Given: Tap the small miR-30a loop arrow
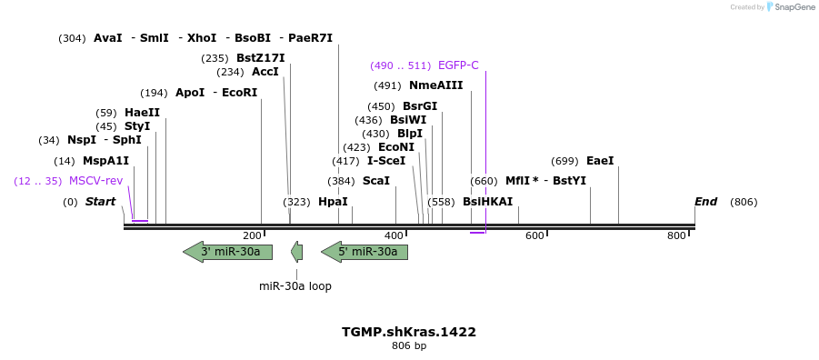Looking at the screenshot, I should click(x=296, y=252).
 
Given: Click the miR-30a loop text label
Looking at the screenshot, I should click(x=295, y=286).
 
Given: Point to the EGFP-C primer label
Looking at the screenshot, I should click(x=458, y=65).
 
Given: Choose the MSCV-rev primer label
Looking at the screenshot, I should click(x=95, y=181).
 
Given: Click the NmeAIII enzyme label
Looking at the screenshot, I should click(x=435, y=85).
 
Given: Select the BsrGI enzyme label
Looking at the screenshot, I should click(x=420, y=106).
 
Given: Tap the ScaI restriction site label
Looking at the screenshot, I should click(x=376, y=181).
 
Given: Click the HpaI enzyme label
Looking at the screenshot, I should click(x=333, y=202).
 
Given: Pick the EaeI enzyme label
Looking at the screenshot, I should click(x=600, y=161).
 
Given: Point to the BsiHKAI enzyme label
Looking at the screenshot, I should click(x=487, y=202).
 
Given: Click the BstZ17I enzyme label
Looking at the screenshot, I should click(x=260, y=58).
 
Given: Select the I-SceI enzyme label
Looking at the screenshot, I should click(x=386, y=161).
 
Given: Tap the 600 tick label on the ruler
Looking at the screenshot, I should click(x=534, y=236).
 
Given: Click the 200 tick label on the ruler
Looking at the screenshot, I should click(x=252, y=236).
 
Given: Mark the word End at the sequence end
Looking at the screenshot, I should click(x=705, y=202).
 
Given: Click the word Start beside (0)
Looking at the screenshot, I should click(x=101, y=202).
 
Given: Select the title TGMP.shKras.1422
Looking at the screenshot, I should click(x=409, y=332).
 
